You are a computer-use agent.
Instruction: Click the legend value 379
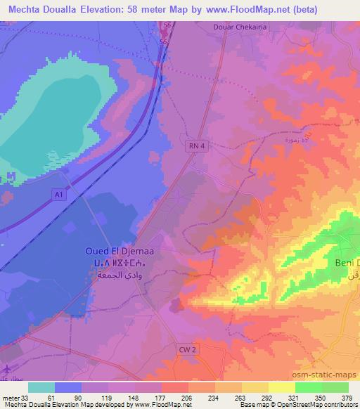tap(347, 397)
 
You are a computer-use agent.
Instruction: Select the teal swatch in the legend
tap(41, 387)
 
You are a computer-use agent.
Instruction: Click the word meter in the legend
tap(10, 397)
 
